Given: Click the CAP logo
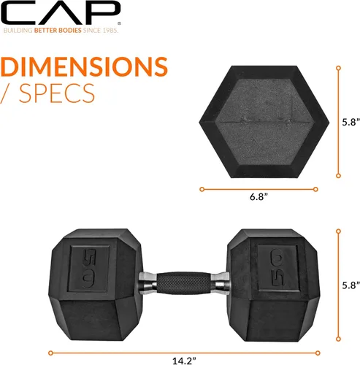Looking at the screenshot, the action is pos(61,12).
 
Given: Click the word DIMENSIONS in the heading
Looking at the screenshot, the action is pos(84,66).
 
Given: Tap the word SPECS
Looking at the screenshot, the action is pos(57,93).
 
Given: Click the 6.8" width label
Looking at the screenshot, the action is pos(258,196).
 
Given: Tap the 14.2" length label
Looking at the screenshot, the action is pos(184,361).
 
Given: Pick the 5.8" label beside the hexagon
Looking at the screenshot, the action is pos(351,122).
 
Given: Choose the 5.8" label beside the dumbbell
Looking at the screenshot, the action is pos(351,285).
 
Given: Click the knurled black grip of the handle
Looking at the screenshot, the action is pos(184,283).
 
